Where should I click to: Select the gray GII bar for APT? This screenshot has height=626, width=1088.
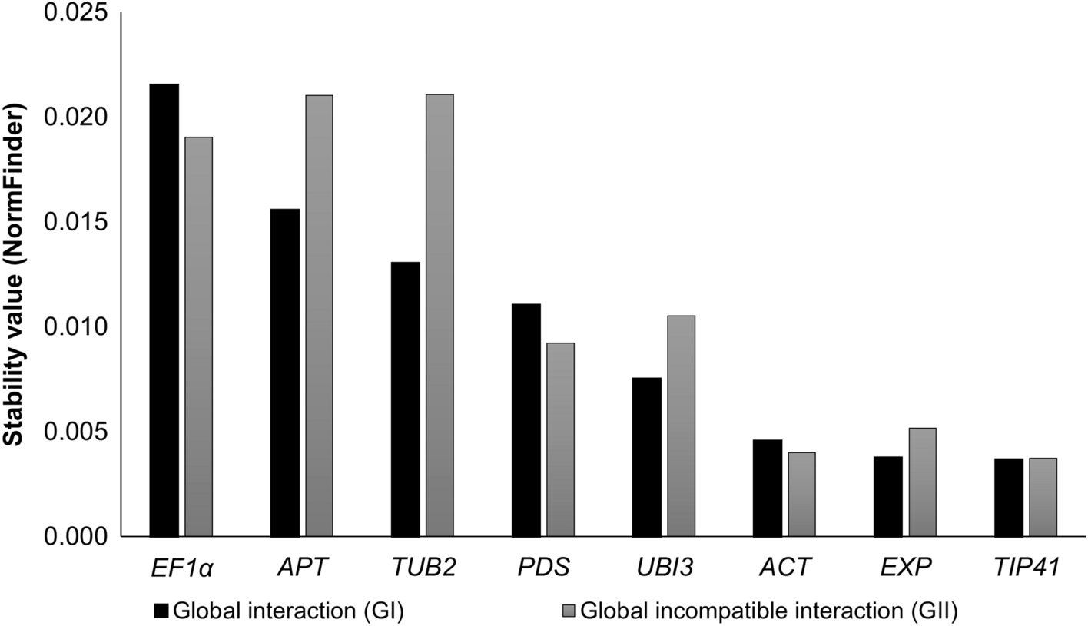click(319, 316)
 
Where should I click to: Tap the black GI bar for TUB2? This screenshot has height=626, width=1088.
click(406, 399)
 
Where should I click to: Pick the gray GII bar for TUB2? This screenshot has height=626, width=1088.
click(440, 316)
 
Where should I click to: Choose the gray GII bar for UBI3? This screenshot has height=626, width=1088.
click(681, 426)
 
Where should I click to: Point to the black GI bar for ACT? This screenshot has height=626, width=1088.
click(768, 488)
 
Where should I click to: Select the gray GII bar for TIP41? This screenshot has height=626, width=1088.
click(1043, 497)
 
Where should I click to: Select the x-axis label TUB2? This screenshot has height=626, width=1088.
click(423, 568)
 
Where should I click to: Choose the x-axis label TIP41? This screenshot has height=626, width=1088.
click(1026, 568)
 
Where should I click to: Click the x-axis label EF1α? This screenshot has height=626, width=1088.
click(181, 568)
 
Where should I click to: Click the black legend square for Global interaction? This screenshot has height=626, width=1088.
click(161, 611)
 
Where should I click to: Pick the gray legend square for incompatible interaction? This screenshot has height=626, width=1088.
click(568, 611)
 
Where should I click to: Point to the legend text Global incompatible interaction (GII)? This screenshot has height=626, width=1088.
click(769, 611)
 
